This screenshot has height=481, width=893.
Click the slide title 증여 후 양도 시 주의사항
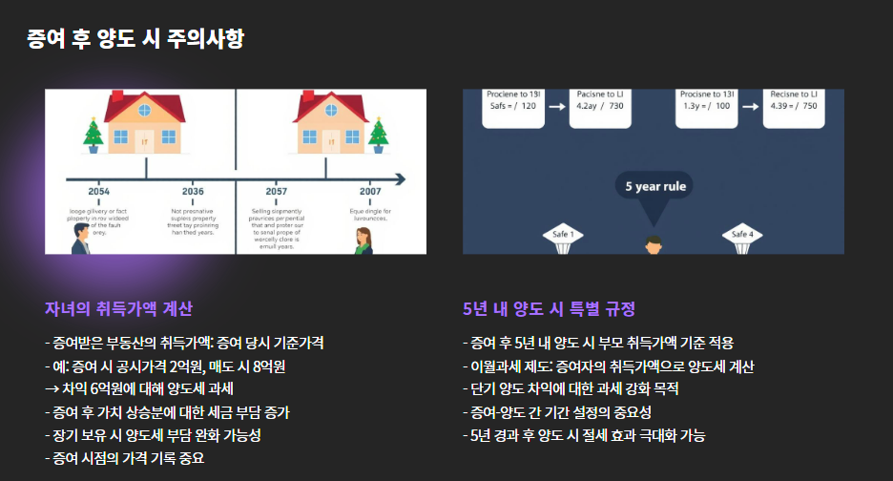pyautogui.click(x=136, y=39)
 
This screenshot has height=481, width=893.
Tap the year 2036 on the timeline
pyautogui.click(x=193, y=191)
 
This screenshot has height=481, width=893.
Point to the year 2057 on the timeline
pyautogui.click(x=276, y=191)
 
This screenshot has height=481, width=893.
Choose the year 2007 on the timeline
pyautogui.click(x=370, y=191)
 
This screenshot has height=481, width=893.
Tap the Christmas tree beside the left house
pyautogui.click(x=93, y=136)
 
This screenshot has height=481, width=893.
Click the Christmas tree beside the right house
pyautogui.click(x=379, y=136)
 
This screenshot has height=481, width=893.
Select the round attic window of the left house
pyautogui.click(x=145, y=111)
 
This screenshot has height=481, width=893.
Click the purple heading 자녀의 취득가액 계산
pyautogui.click(x=118, y=309)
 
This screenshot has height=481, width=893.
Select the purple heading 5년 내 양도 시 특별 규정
pyautogui.click(x=549, y=309)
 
